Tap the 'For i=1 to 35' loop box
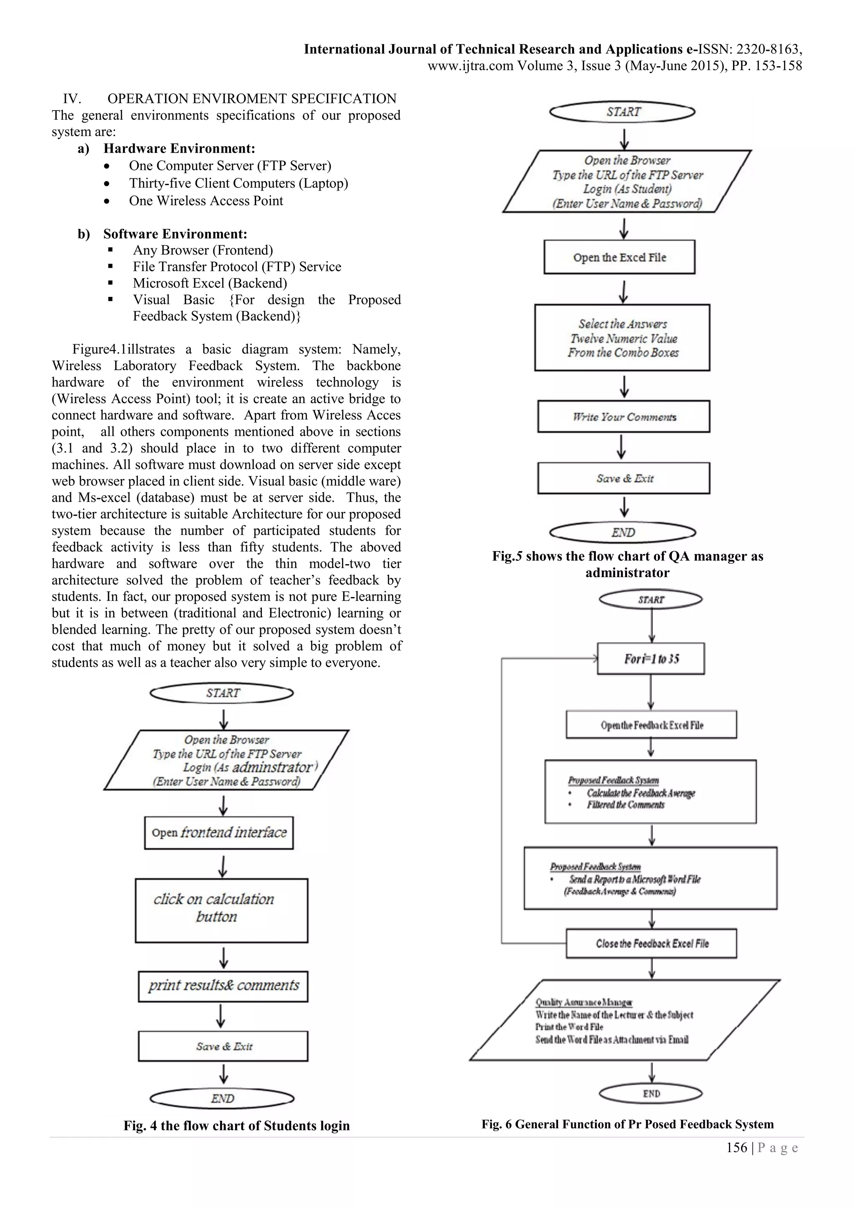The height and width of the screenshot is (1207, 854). click(651, 659)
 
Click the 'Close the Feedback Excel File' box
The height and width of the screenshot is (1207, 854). click(651, 944)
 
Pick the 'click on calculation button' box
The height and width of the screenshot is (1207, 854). click(221, 910)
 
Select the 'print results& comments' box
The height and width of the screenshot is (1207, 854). click(223, 986)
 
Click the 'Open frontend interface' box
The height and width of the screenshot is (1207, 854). click(219, 833)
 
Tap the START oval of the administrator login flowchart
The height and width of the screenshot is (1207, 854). click(221, 693)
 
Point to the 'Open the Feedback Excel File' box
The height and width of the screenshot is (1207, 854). click(651, 725)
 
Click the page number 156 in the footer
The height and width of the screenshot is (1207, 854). click(736, 1148)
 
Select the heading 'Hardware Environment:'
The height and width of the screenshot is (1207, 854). click(179, 149)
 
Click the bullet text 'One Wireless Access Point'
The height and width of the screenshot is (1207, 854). click(206, 201)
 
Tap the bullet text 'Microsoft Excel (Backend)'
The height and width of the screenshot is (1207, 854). click(210, 284)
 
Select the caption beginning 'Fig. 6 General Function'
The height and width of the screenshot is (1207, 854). click(627, 1124)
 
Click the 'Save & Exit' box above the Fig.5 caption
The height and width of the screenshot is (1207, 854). click(624, 478)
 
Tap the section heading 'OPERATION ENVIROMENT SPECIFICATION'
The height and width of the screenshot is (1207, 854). click(252, 99)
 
